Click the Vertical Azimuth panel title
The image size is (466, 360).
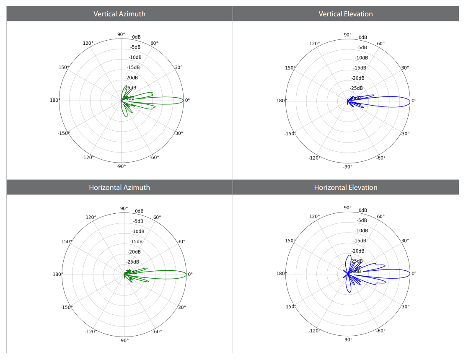pyautogui.click(x=119, y=14)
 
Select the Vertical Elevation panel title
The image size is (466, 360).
pyautogui.click(x=346, y=14)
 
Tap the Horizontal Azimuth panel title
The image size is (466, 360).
pyautogui.click(x=119, y=187)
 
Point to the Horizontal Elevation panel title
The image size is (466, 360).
pyautogui.click(x=346, y=187)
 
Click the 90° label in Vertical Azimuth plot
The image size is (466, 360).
pyautogui.click(x=121, y=34)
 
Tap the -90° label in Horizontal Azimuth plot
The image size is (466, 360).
pyautogui.click(x=124, y=340)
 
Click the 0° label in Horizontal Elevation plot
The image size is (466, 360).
pyautogui.click(x=414, y=274)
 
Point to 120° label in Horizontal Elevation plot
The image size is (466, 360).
pyautogui.click(x=315, y=217)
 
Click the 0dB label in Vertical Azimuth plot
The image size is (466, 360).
pyautogui.click(x=136, y=37)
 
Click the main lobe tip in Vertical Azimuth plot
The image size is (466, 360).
pyautogui.click(x=183, y=101)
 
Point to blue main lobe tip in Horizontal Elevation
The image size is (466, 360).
pyautogui.click(x=410, y=274)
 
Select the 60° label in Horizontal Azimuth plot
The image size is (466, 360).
pyautogui.click(x=157, y=217)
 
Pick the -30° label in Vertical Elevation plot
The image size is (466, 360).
pyautogui.click(x=405, y=134)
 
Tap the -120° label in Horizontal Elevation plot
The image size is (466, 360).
pyautogui.click(x=314, y=331)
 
